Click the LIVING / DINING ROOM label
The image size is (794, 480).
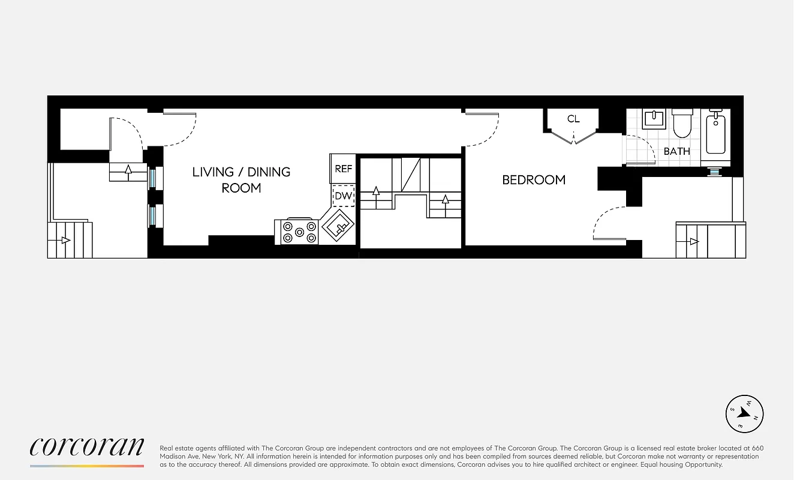(241, 179)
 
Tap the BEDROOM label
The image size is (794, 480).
(533, 179)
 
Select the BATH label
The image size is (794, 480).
(676, 151)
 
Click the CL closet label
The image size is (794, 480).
(573, 119)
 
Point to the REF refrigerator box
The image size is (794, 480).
(343, 169)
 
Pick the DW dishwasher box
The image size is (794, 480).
(343, 196)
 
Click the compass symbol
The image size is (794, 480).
(744, 413)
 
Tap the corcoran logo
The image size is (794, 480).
(87, 447)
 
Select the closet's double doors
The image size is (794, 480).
(574, 139)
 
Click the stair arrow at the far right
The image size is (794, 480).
(694, 241)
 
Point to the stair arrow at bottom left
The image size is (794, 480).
(65, 240)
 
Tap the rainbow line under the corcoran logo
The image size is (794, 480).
(87, 466)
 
